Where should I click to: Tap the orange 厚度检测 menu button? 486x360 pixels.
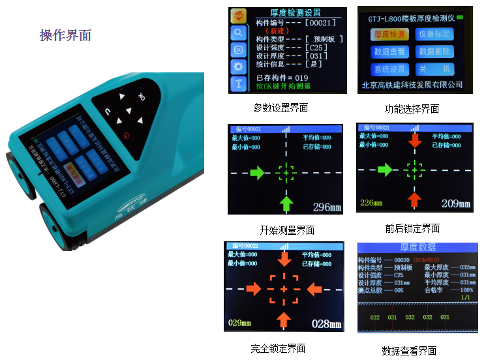[x=389, y=34]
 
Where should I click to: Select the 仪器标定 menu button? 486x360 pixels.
[x=435, y=34]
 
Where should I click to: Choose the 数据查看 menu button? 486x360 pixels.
[x=389, y=52]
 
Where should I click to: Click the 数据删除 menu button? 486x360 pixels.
[x=435, y=52]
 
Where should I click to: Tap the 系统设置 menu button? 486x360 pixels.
[x=389, y=69]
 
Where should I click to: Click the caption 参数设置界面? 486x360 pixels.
[x=280, y=108]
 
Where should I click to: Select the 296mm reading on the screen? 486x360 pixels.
[x=327, y=207]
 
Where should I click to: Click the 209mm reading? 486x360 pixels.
[x=455, y=204]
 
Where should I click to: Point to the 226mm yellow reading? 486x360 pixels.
[x=371, y=203]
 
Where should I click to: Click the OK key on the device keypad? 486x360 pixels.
[x=141, y=97]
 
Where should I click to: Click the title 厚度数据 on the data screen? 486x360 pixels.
[x=418, y=247]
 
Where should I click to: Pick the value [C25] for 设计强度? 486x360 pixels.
[x=316, y=48]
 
